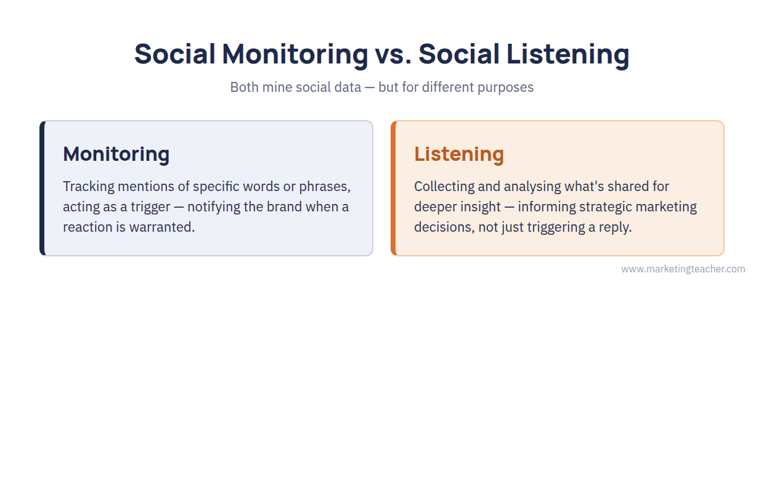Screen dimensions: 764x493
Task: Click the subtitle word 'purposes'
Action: point(505,88)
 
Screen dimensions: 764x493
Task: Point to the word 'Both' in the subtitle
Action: point(244,87)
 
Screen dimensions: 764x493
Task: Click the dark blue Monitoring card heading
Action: point(116,154)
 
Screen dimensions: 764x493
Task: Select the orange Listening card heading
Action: point(459,154)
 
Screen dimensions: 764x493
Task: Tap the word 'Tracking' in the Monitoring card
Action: point(89,187)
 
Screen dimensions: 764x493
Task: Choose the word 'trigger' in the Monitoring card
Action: point(150,208)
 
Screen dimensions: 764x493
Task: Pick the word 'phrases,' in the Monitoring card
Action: point(325,187)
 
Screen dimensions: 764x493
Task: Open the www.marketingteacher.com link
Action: point(683,269)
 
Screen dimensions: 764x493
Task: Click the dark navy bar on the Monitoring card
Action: point(43,188)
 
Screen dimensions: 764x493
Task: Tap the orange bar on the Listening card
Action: point(394,188)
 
